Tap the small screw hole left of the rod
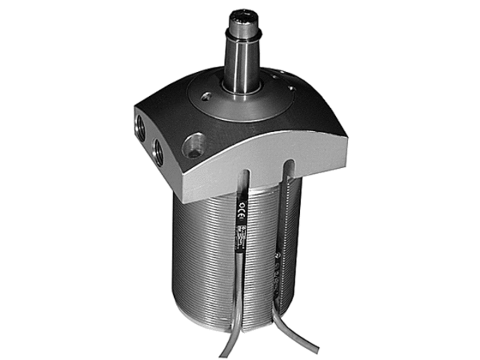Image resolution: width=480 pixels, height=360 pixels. (x=208, y=95)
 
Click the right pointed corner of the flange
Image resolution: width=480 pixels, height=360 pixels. (x=346, y=139)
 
